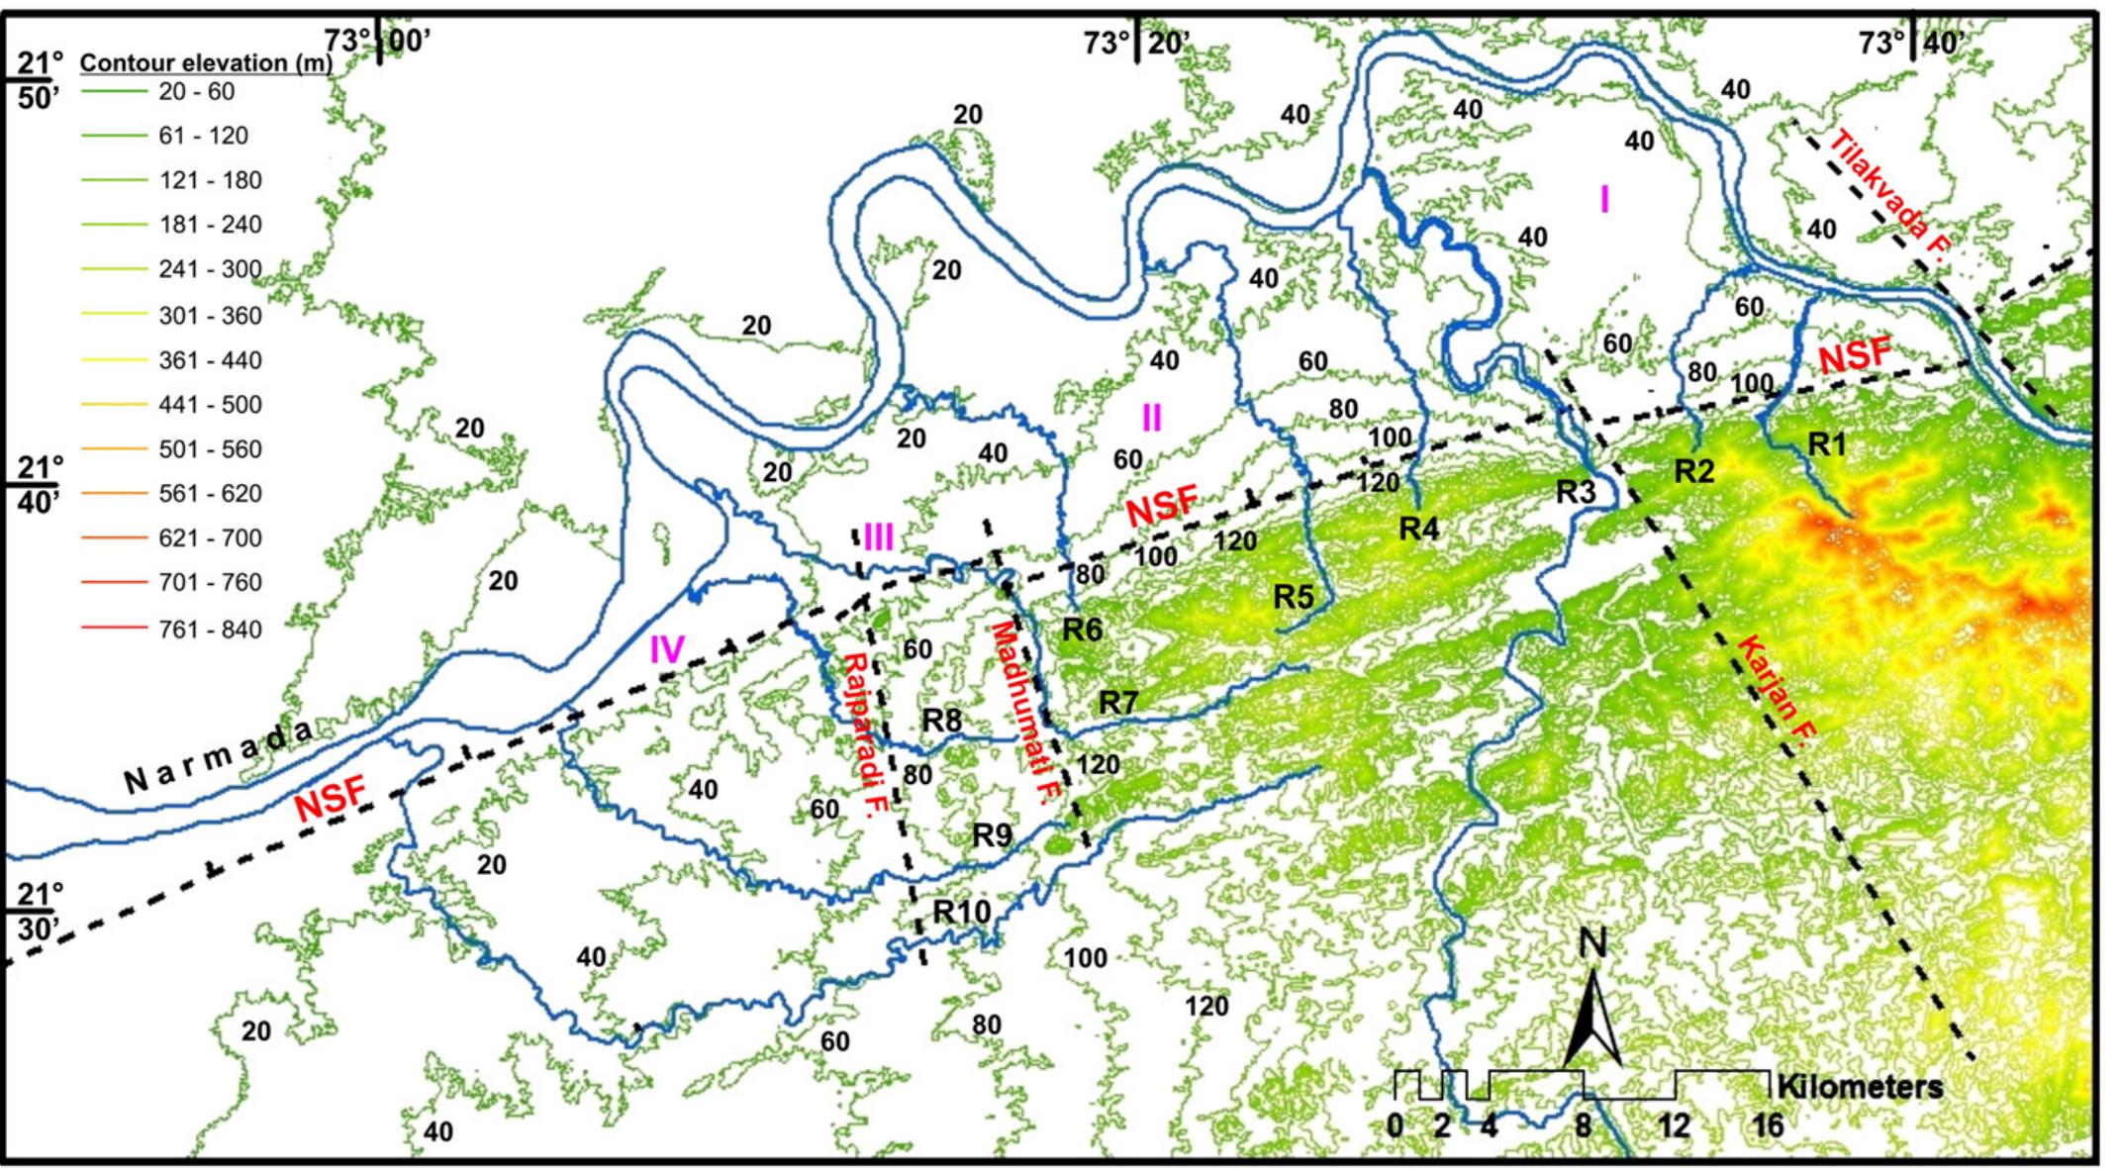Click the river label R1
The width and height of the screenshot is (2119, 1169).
coord(1827,445)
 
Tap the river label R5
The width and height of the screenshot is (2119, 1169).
coord(1293,597)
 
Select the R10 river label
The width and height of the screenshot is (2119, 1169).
coord(962,911)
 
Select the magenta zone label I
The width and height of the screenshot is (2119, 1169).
coord(1604,200)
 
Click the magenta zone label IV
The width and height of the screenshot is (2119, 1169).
coord(667,650)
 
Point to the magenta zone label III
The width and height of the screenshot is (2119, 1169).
coord(879,537)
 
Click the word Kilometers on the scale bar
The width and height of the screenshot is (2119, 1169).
coord(1860,1087)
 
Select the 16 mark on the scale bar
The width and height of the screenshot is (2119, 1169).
coord(1768,1126)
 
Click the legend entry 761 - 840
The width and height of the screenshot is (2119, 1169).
coord(210,630)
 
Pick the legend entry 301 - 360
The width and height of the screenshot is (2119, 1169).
coord(210,316)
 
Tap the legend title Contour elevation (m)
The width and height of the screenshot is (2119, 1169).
coord(206,63)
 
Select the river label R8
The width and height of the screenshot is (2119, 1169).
coord(941,720)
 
